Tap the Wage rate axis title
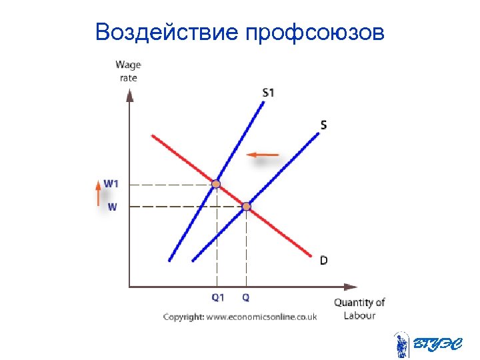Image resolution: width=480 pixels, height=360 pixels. point(128,71)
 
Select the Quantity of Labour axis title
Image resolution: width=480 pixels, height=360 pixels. point(359,309)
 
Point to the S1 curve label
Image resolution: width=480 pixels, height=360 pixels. point(267,93)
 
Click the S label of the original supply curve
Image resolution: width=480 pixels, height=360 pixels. point(323,125)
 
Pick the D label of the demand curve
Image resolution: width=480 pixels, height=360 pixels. point(323,260)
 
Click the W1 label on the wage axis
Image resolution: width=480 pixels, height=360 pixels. point(111,183)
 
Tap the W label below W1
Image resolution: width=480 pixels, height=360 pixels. point(112,207)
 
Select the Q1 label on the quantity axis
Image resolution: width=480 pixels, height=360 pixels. point(218,297)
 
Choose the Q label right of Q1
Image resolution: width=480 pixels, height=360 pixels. point(246,297)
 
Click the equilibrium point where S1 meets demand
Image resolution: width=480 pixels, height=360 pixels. point(217,183)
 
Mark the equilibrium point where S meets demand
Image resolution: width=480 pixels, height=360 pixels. point(246,207)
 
